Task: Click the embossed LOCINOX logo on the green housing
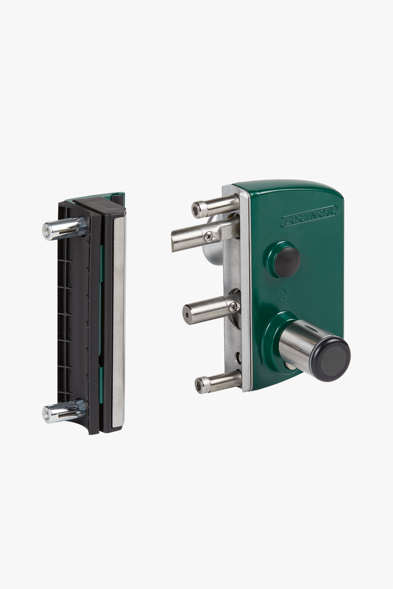pos(309,216)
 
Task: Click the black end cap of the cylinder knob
pos(332,359)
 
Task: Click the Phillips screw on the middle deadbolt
pos(233,307)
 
